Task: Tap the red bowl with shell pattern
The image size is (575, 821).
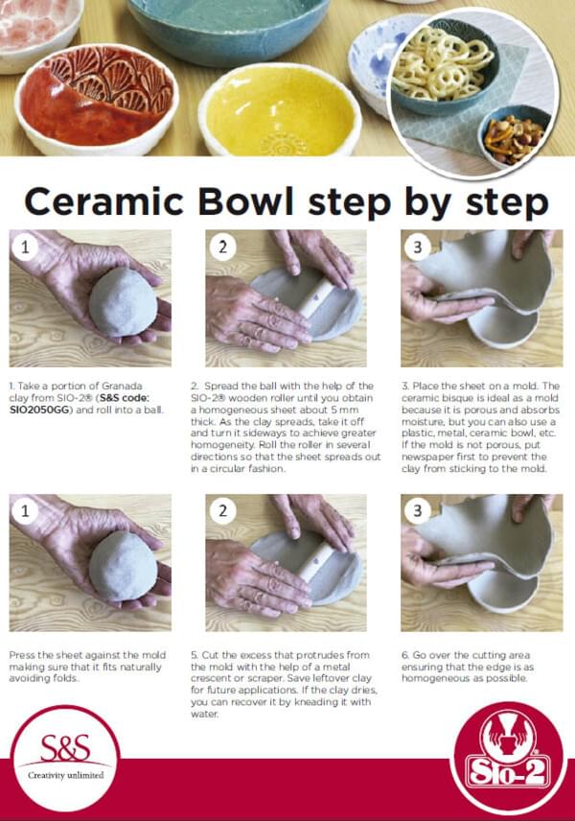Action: pos(97,101)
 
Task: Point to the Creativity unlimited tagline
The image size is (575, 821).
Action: pos(65,775)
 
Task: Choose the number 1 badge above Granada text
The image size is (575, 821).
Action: pos(25,246)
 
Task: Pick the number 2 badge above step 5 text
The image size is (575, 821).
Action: pos(223,511)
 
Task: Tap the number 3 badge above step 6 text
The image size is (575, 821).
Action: pos(418,511)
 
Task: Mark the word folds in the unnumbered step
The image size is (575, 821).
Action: pos(67,679)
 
